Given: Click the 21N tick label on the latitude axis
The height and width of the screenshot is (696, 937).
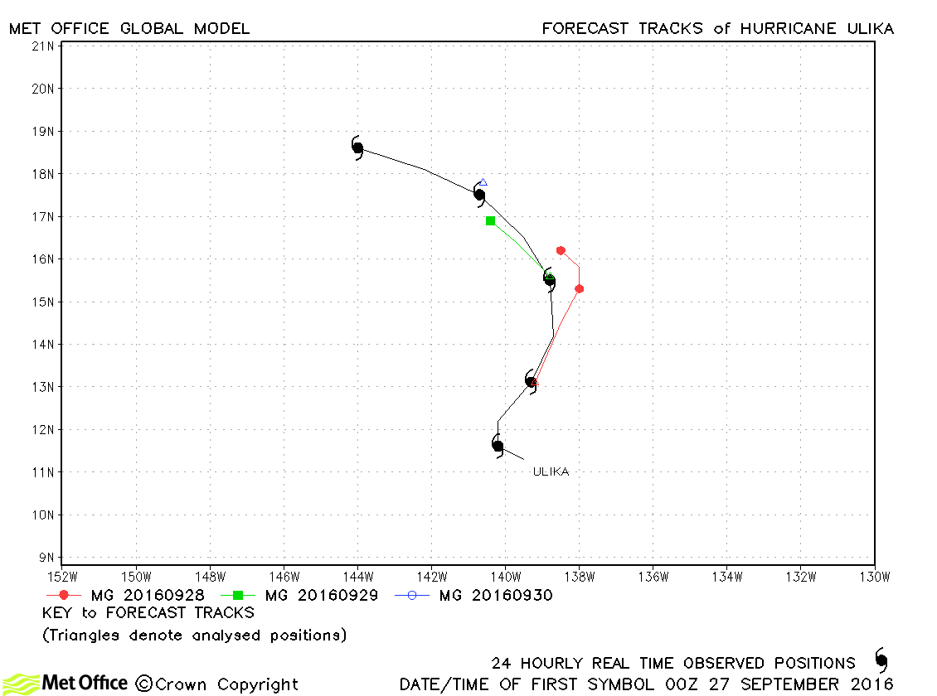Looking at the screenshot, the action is pyautogui.click(x=42, y=46).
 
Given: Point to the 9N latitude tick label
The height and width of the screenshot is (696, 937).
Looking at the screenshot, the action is pyautogui.click(x=46, y=558).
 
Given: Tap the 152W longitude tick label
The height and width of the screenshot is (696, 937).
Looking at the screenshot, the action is pyautogui.click(x=62, y=577).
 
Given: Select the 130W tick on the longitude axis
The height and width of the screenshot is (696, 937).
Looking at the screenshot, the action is pyautogui.click(x=875, y=577).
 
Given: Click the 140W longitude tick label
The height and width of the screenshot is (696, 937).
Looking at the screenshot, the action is pyautogui.click(x=506, y=577).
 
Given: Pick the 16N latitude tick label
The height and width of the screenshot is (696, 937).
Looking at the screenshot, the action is pyautogui.click(x=42, y=259).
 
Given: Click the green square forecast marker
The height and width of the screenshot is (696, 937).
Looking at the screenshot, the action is pyautogui.click(x=491, y=221).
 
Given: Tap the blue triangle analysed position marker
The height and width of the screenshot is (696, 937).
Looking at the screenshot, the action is pyautogui.click(x=483, y=182).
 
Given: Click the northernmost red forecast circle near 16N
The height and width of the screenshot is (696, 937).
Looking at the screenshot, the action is pyautogui.click(x=561, y=251).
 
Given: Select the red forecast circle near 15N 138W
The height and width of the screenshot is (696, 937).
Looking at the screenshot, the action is pyautogui.click(x=579, y=289).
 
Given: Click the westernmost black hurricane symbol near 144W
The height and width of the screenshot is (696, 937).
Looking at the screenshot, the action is pyautogui.click(x=357, y=148).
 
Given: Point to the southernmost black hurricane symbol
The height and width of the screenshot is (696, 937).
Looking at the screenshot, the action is pyautogui.click(x=498, y=446).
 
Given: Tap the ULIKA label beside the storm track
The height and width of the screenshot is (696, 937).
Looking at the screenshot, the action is pyautogui.click(x=551, y=471).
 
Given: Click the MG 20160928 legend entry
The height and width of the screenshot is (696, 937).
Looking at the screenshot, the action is pyautogui.click(x=125, y=595).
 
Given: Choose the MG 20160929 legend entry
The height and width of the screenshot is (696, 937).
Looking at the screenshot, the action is pyautogui.click(x=299, y=595).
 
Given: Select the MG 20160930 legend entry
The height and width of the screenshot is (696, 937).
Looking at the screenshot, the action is pyautogui.click(x=473, y=595).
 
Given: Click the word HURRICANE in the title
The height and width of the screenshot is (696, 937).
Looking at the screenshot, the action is pyautogui.click(x=788, y=29).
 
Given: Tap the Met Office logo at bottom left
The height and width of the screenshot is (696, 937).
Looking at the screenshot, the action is pyautogui.click(x=66, y=684).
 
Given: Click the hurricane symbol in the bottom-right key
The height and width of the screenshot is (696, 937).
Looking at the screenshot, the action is pyautogui.click(x=881, y=660).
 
